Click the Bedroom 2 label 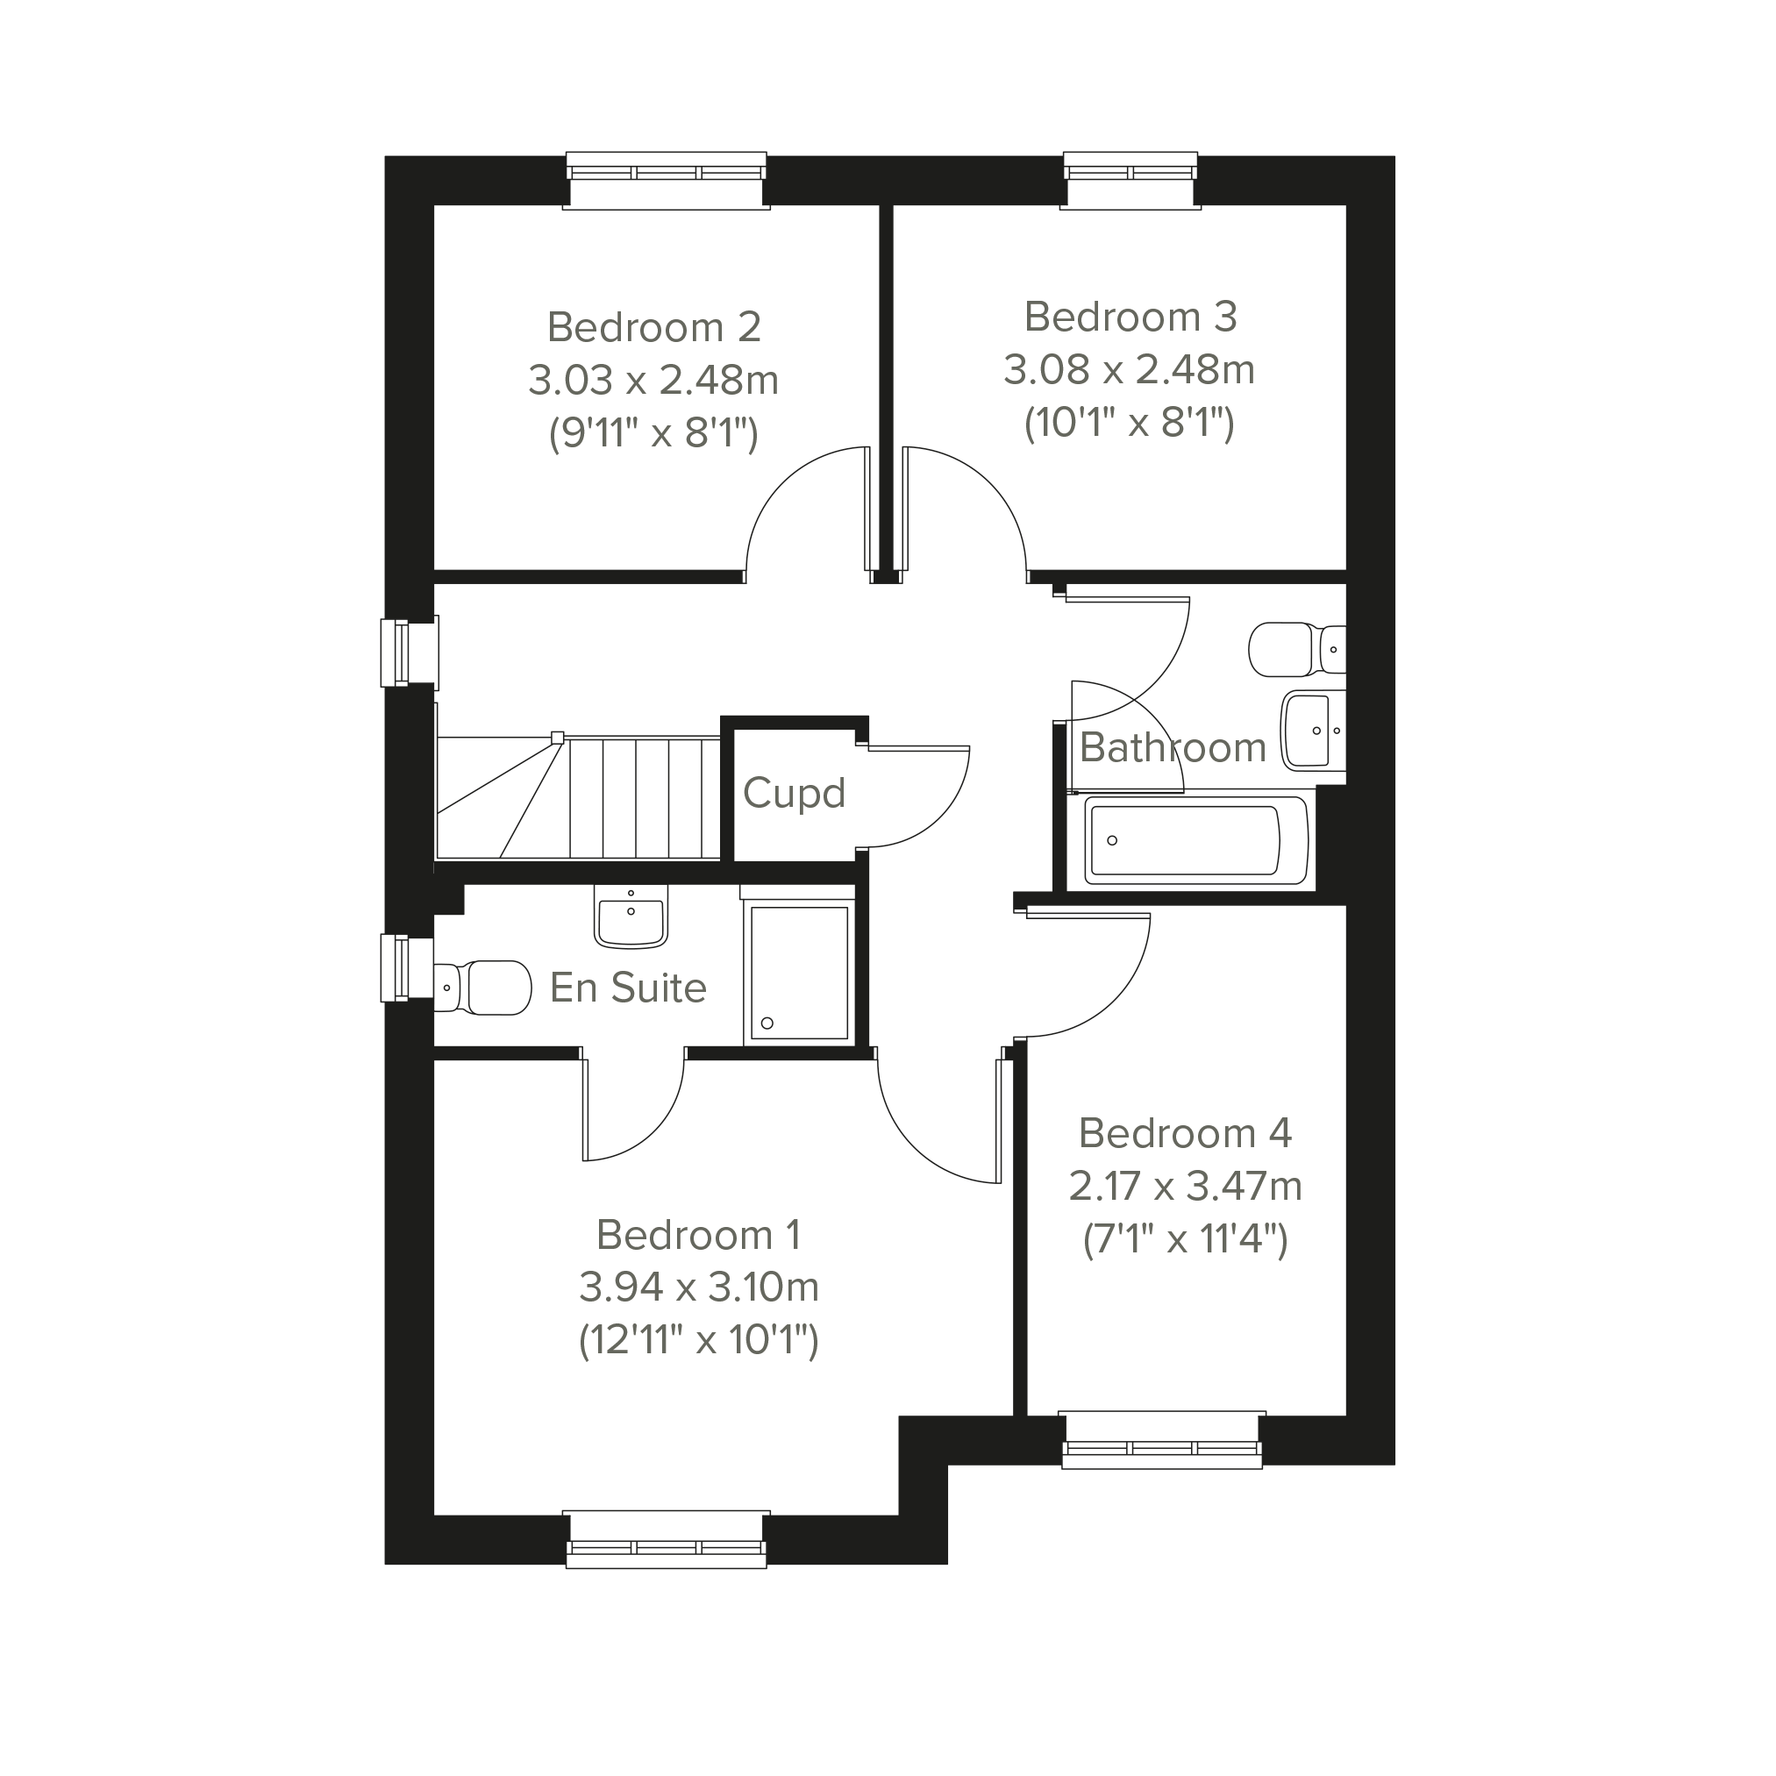coord(653,327)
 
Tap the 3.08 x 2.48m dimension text coord(1129,369)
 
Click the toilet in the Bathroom coord(1297,649)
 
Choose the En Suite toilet coord(481,988)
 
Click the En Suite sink coord(631,917)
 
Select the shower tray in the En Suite coord(799,972)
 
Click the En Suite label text coord(628,988)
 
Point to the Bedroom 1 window coord(667,1540)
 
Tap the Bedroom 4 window coord(1162,1439)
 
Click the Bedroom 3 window coord(1131,180)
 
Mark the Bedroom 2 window coord(667,180)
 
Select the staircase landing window coord(409,652)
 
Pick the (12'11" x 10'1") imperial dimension coord(699,1340)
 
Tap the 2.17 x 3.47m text coord(1185,1187)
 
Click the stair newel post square coord(557,738)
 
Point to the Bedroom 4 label coord(1185,1133)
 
